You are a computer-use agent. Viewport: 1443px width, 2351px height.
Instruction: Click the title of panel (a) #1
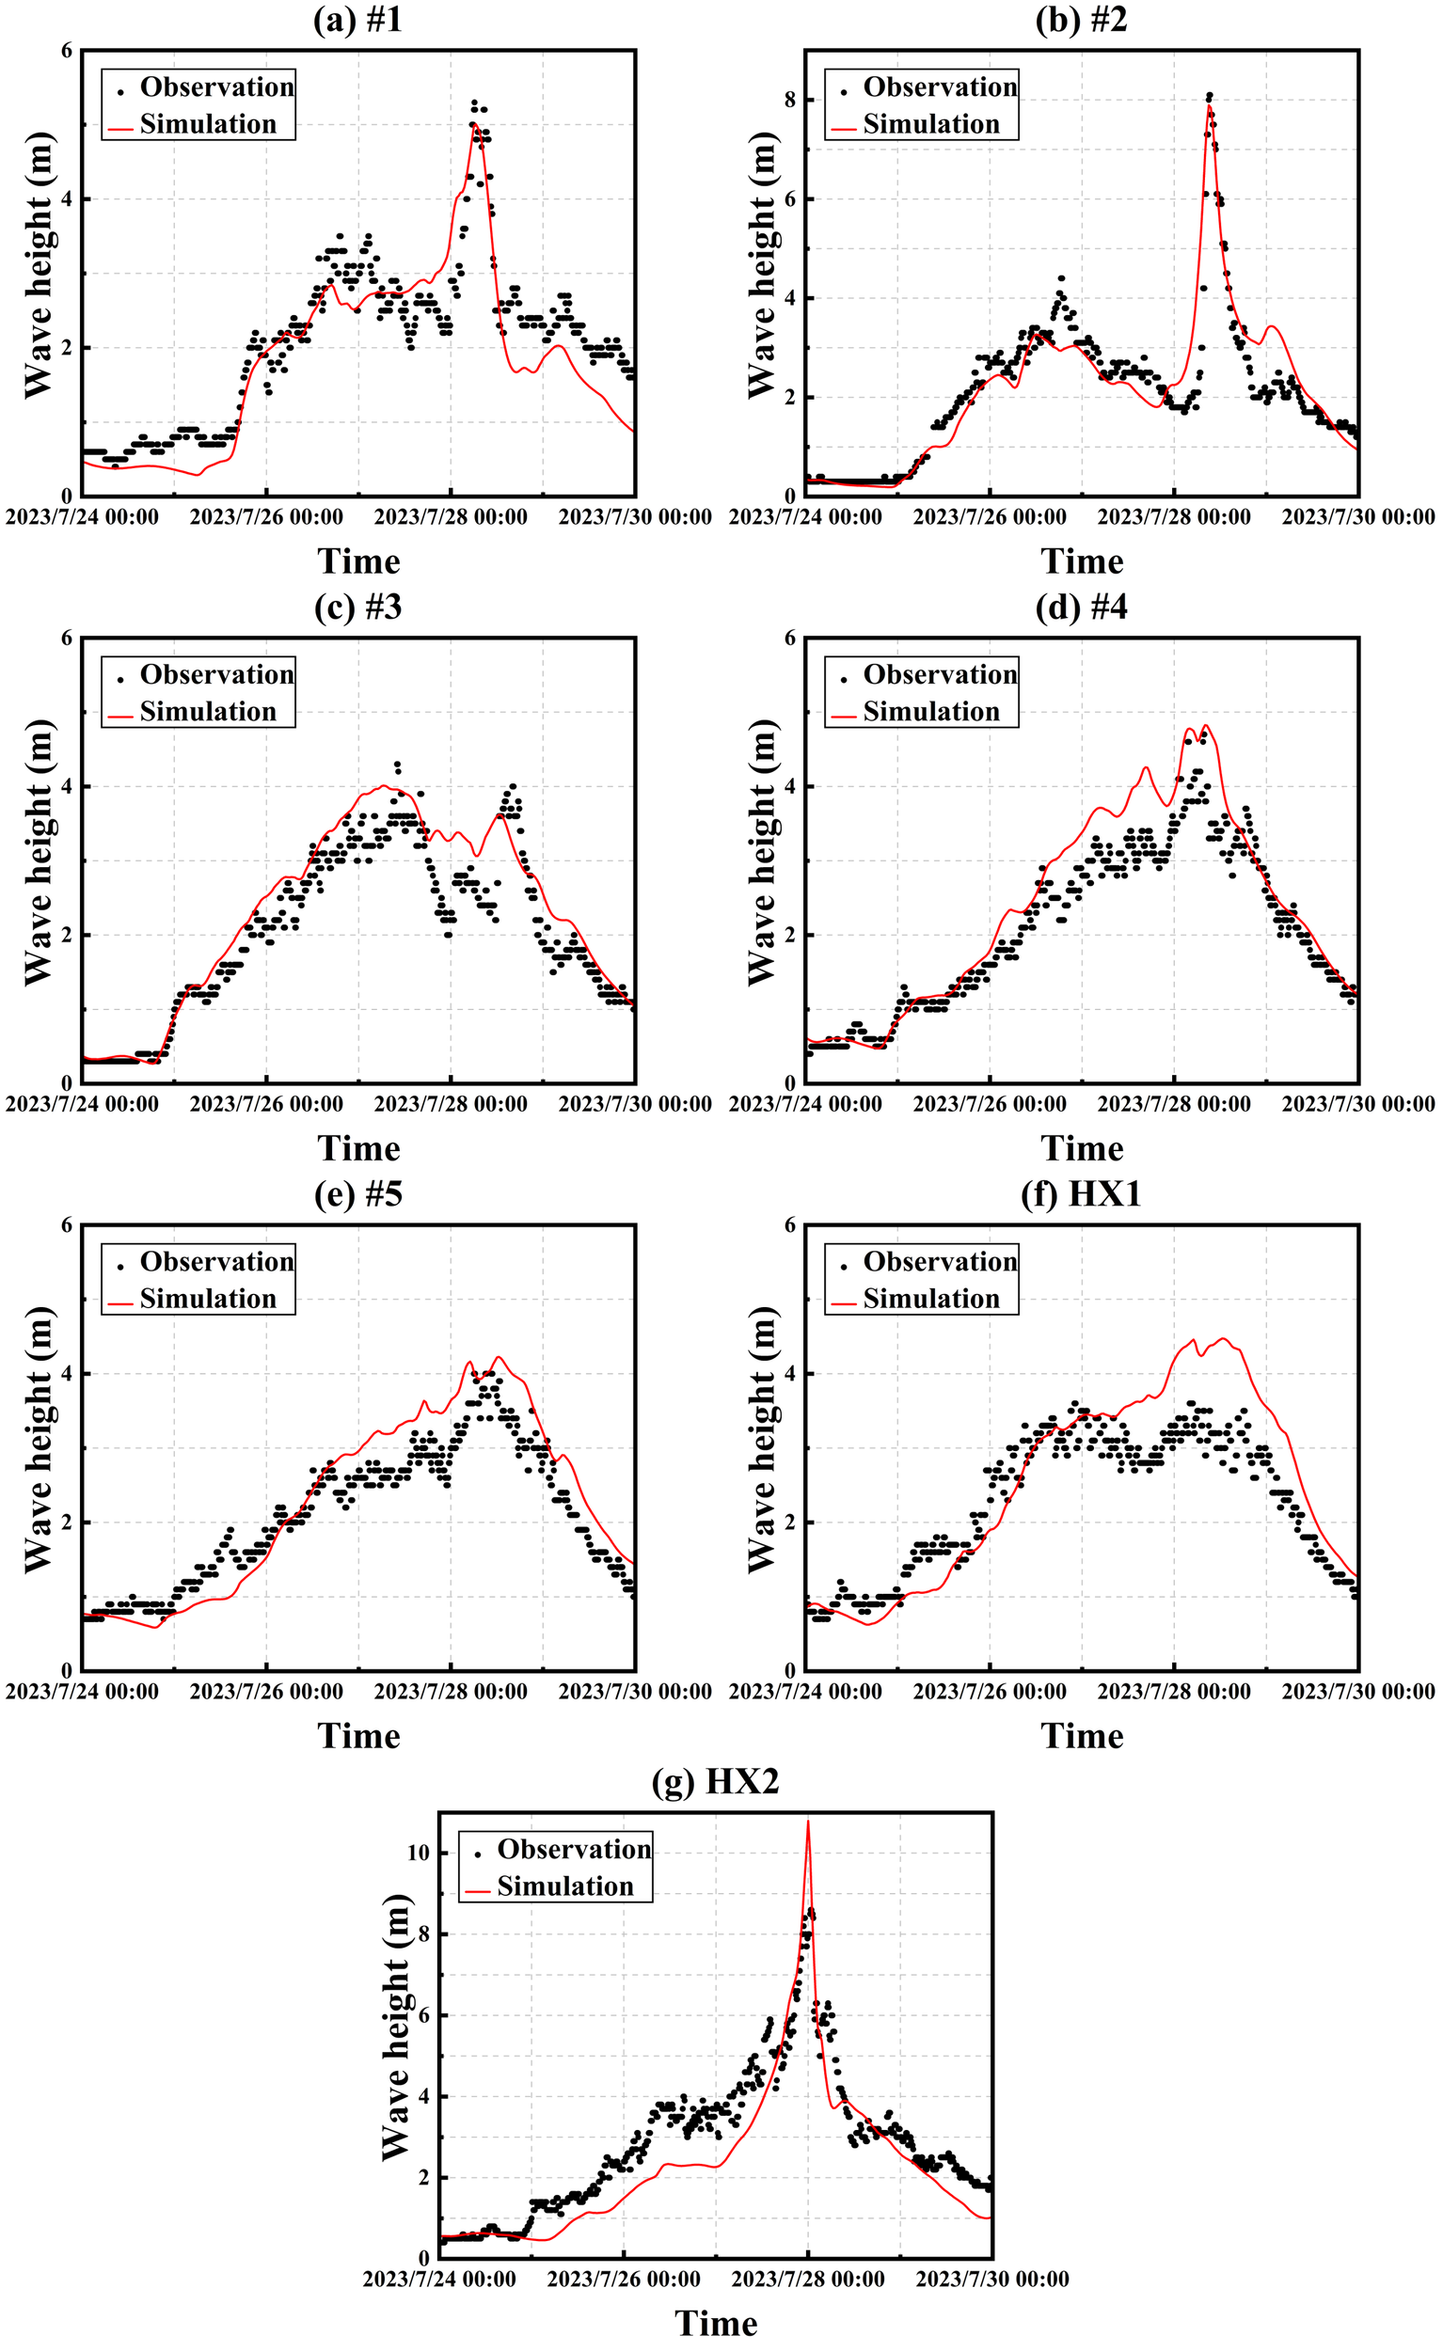(x=357, y=19)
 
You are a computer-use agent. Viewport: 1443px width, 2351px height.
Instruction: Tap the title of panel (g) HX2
(x=715, y=1781)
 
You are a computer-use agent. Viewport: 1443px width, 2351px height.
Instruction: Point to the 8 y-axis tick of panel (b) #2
(x=787, y=101)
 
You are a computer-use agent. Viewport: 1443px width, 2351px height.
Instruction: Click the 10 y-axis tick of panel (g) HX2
(x=418, y=1853)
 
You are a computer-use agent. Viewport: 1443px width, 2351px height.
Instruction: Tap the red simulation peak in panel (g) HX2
(x=808, y=1822)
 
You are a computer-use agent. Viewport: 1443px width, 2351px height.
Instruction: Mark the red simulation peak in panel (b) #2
(x=1208, y=107)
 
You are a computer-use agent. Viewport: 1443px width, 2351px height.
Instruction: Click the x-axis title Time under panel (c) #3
(x=357, y=1148)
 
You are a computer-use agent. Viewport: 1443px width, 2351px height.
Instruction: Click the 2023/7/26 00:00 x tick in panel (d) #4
(x=989, y=1104)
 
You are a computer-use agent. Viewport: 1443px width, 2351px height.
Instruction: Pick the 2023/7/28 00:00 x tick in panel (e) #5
(x=451, y=1692)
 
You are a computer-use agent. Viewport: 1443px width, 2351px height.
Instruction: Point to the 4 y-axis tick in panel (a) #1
(x=67, y=199)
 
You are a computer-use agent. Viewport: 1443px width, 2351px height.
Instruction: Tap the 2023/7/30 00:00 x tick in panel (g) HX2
(x=991, y=2280)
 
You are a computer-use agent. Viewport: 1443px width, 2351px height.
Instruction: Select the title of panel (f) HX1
(x=1080, y=1193)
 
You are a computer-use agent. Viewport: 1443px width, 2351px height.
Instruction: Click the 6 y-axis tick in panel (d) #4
(x=789, y=638)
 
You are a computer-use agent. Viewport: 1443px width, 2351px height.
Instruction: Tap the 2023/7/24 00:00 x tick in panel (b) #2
(x=804, y=517)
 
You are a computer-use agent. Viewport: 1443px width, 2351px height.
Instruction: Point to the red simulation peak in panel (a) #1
(x=473, y=123)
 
